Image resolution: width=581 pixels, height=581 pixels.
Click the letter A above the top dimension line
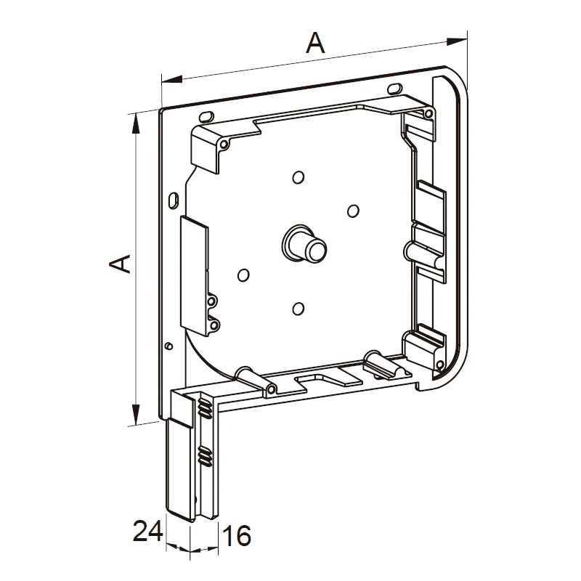315,43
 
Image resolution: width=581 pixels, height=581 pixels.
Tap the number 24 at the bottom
147,531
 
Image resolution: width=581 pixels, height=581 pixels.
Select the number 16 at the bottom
237,535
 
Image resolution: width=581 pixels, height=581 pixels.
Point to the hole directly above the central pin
298,177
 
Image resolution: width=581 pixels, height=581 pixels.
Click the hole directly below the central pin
298,308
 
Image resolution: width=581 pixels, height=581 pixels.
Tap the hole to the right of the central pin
353,211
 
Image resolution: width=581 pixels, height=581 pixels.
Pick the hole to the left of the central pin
243,275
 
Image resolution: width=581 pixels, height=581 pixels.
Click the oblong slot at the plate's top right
395,89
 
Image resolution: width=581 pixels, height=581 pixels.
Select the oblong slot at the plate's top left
206,117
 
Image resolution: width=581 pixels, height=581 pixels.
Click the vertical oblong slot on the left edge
173,200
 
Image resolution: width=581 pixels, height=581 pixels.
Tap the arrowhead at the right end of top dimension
457,41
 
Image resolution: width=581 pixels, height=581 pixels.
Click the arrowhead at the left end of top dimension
172,78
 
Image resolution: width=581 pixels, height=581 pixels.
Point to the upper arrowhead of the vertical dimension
137,123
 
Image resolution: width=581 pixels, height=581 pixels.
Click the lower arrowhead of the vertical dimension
137,414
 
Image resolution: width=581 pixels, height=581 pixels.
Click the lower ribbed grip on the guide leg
205,456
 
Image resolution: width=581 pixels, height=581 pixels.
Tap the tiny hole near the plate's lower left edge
169,346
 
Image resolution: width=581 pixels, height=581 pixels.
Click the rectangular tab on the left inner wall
194,275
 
